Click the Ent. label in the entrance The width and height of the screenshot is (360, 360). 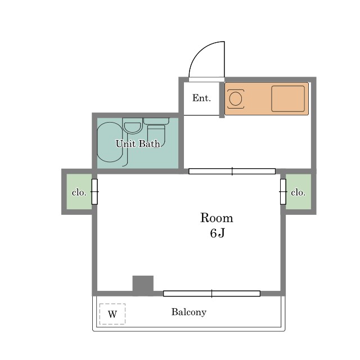tap(201, 98)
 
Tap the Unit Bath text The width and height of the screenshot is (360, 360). tap(138, 144)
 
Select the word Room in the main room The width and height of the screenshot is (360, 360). tap(217, 218)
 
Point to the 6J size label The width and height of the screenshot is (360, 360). tap(217, 233)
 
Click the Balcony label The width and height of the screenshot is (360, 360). tap(189, 312)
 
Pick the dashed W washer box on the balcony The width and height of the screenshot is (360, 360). tap(112, 314)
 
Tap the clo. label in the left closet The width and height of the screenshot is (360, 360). tap(79, 192)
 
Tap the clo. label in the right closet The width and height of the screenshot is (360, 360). tap(298, 192)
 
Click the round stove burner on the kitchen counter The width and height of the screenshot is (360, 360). tap(236, 99)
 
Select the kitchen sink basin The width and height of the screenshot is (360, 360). tap(288, 99)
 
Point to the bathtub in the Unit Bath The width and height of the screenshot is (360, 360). tap(110, 142)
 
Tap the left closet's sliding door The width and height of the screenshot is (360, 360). tap(94, 192)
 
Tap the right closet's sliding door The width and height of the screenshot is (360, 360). tap(283, 192)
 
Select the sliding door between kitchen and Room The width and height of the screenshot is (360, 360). tap(232, 171)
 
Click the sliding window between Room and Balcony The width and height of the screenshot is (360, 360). tap(211, 294)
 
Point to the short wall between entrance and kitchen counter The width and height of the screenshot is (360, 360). tap(222, 100)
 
